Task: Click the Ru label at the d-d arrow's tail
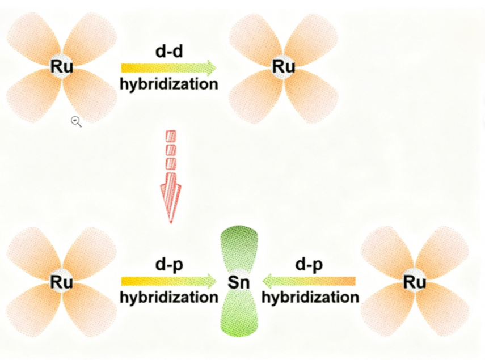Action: click(x=62, y=67)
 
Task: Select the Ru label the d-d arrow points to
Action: click(x=284, y=67)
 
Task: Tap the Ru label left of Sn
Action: click(x=62, y=281)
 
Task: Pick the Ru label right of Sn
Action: click(x=415, y=281)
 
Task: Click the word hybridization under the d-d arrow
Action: click(x=169, y=84)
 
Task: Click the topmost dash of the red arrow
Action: click(x=171, y=136)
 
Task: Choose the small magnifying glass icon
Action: click(x=76, y=121)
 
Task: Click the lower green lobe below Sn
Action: click(x=239, y=315)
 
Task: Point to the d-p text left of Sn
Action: click(x=168, y=265)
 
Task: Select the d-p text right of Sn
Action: click(x=310, y=265)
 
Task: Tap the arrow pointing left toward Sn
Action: click(x=310, y=281)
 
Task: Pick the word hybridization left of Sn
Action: click(x=169, y=297)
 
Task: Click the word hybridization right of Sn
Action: click(x=310, y=297)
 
